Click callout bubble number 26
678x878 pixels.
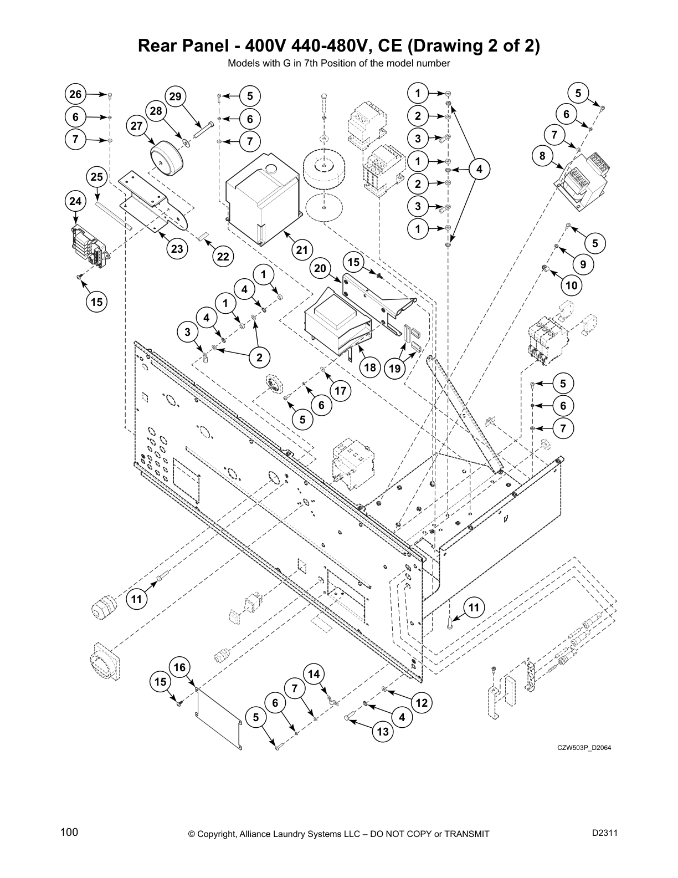(75, 94)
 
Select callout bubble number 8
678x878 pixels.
(542, 156)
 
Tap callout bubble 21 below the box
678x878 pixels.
(301, 250)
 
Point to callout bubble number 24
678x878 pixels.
(75, 201)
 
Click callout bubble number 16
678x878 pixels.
(180, 667)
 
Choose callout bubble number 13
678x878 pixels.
(383, 732)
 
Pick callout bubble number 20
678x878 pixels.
(320, 269)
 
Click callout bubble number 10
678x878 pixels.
(572, 285)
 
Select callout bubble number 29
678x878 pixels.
(175, 96)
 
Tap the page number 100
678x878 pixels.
(69, 832)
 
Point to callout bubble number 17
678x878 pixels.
(340, 391)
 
